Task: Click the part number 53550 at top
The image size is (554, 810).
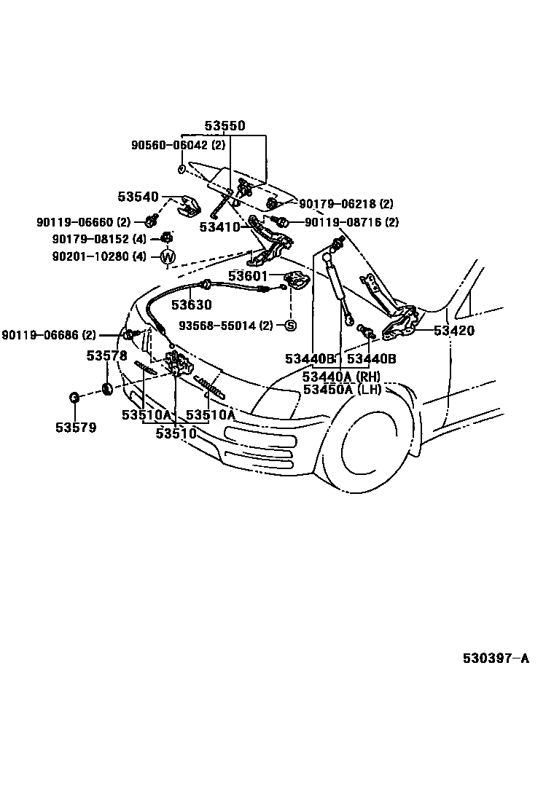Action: point(225,126)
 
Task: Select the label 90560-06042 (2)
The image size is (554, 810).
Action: point(168,146)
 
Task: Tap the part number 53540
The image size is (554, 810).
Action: point(138,197)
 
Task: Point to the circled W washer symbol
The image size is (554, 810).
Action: point(168,256)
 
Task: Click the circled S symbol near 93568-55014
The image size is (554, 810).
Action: point(289,325)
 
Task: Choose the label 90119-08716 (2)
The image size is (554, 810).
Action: point(351,222)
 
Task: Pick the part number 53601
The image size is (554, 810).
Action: point(248,276)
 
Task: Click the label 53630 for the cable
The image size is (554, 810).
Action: point(191,305)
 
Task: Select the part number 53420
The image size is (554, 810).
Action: point(453,331)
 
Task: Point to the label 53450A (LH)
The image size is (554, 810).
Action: point(342,389)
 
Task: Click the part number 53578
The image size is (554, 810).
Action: point(106,355)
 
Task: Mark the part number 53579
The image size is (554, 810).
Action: point(75,427)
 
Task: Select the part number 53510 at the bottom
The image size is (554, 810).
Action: point(176,433)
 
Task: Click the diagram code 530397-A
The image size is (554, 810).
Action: point(496,658)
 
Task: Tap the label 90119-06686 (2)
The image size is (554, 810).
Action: point(49,335)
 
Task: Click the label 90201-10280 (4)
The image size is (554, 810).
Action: point(99,256)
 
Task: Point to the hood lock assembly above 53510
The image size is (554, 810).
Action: point(176,362)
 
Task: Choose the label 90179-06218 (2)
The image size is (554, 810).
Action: point(346,205)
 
